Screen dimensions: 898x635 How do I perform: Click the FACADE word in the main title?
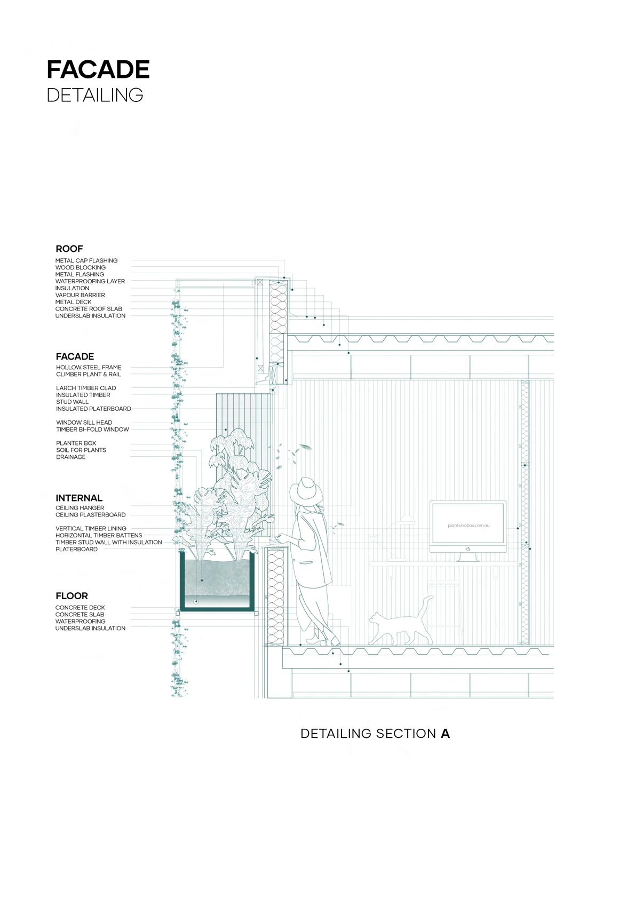98,70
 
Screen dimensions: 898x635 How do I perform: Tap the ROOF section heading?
69,249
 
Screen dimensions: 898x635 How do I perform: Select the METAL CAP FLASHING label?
86,261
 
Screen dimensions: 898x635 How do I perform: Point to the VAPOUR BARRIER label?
80,295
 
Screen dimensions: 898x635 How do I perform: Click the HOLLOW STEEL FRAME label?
89,368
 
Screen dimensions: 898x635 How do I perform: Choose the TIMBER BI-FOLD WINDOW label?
92,430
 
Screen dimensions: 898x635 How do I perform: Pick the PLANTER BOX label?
76,443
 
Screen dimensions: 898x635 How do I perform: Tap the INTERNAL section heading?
79,498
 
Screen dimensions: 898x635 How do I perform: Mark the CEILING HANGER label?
80,508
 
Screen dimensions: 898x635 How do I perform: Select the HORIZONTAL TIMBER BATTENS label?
99,535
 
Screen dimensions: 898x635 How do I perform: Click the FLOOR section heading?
72,596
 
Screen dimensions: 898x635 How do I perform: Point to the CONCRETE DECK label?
80,608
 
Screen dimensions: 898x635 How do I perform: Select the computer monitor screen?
468,526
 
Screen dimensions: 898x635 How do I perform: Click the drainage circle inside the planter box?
196,601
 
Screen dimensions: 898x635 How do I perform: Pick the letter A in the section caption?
446,734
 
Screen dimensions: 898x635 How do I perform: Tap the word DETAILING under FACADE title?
95,95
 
